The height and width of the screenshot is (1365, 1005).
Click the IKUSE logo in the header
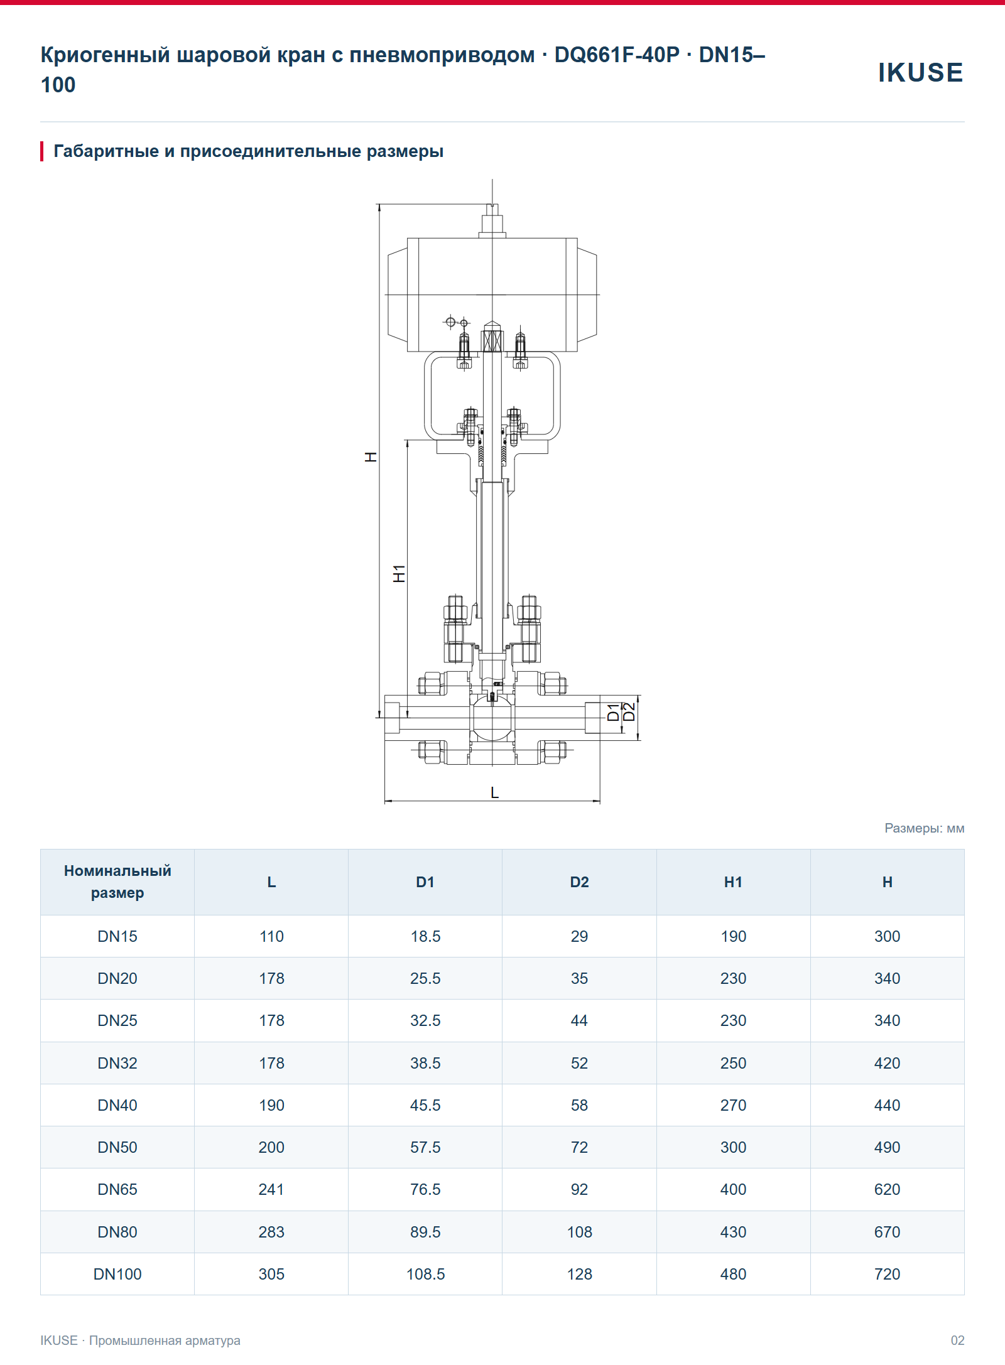[920, 72]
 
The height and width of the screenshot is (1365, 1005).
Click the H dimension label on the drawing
[371, 457]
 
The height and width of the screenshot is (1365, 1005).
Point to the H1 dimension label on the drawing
[399, 573]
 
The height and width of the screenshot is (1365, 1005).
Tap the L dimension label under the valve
[495, 793]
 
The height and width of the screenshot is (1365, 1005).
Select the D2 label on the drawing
[629, 712]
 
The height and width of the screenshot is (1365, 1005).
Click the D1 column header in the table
[425, 882]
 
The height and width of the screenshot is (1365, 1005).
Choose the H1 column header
[733, 882]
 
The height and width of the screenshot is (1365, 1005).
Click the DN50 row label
[117, 1147]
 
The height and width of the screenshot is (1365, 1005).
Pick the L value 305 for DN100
[271, 1274]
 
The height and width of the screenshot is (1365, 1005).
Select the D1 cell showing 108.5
[425, 1274]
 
